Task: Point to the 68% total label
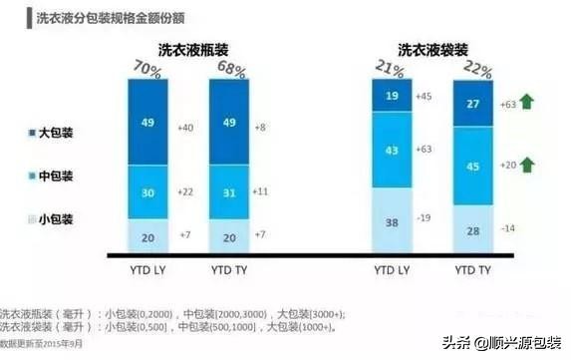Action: pos(232,68)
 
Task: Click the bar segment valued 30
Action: pos(148,193)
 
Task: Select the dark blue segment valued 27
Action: pos(473,102)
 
